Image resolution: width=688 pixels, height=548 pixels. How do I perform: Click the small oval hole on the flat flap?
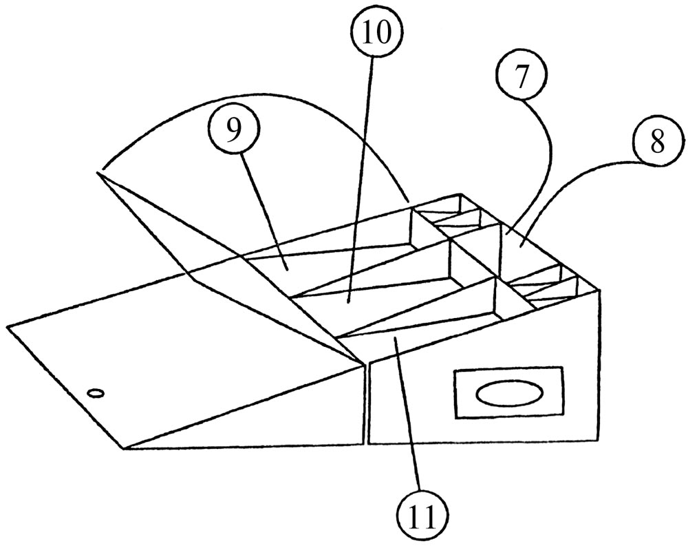[x=96, y=393]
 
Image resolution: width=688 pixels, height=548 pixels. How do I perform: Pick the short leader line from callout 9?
[x=263, y=207]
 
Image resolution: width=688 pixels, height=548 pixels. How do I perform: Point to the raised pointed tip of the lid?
[x=102, y=172]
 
